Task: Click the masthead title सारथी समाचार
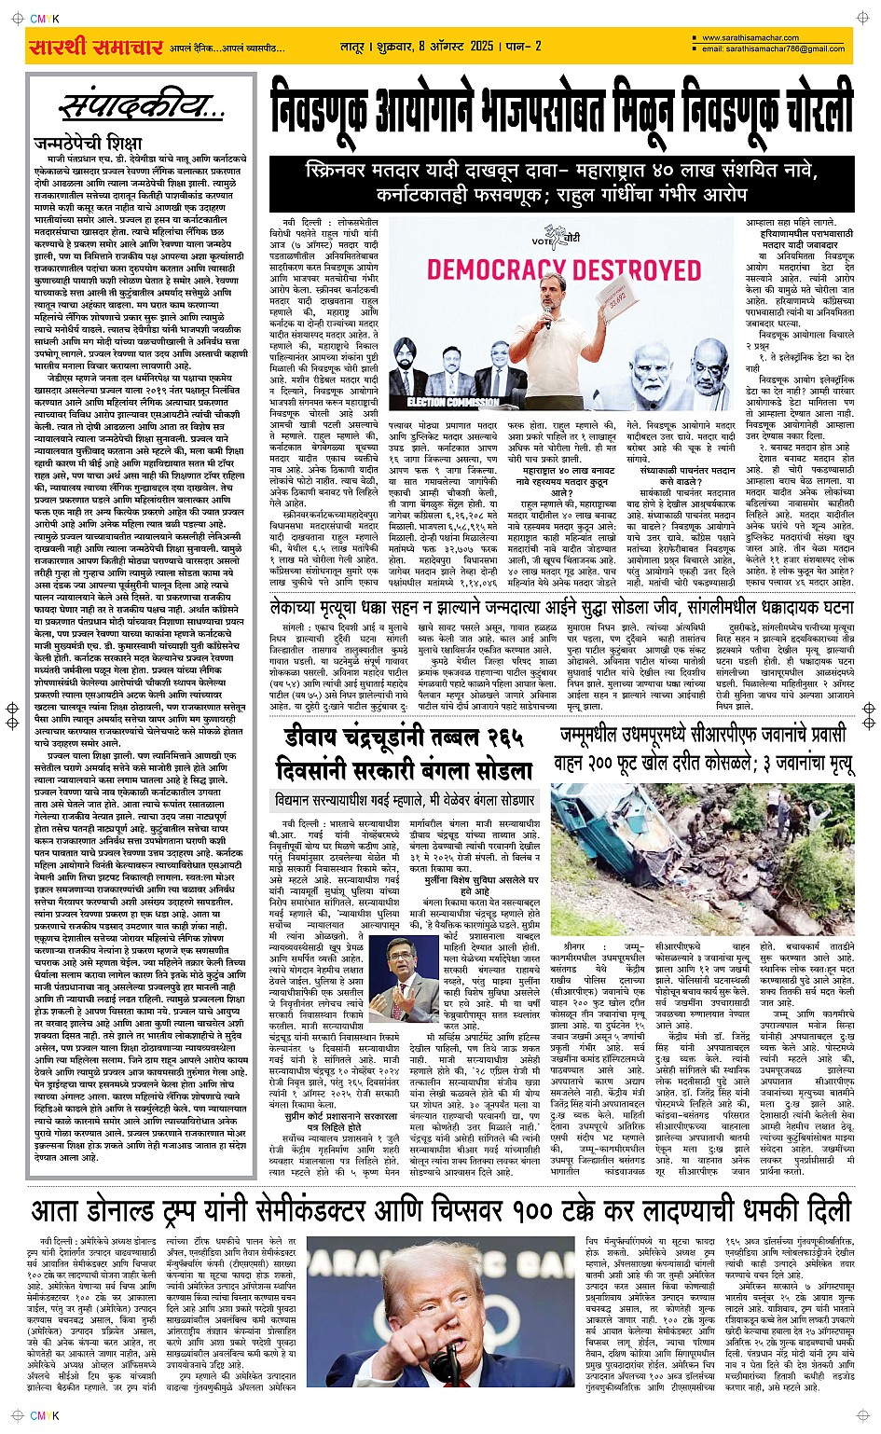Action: [x=96, y=47]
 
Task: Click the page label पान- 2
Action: [x=525, y=46]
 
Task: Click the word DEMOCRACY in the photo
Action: [x=493, y=270]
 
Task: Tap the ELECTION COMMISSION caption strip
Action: [x=452, y=403]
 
